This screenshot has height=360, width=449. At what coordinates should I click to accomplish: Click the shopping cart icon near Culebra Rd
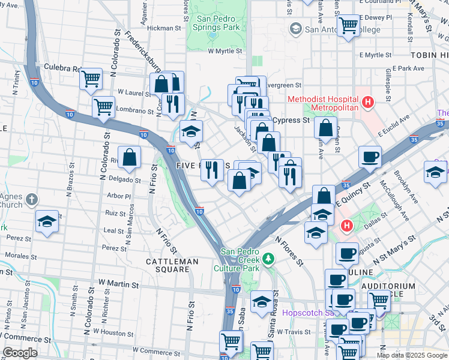[x=91, y=78]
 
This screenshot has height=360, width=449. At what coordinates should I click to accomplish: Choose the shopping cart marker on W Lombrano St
[x=103, y=107]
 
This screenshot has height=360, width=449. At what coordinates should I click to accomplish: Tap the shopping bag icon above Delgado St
[x=130, y=158]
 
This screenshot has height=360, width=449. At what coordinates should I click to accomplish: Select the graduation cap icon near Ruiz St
[x=47, y=221]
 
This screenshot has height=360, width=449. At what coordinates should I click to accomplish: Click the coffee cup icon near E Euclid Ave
[x=370, y=157]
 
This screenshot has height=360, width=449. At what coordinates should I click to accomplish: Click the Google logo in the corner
[x=20, y=353]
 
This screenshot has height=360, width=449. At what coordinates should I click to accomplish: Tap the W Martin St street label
[x=118, y=282]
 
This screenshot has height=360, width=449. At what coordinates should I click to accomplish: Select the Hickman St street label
[x=164, y=28]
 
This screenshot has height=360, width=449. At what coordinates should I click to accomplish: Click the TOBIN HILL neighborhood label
[x=429, y=55]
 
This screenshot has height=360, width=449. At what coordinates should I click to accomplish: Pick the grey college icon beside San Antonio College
[x=295, y=28]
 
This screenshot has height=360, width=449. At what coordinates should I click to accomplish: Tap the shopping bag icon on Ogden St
[x=325, y=128]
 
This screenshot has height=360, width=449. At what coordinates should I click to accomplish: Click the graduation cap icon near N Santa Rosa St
[x=262, y=302]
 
